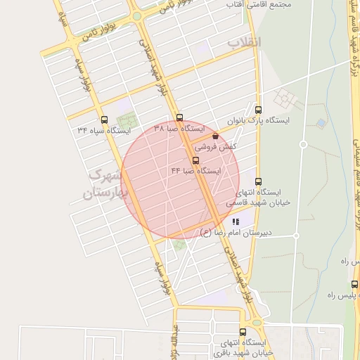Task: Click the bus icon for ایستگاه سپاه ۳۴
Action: click(105, 120)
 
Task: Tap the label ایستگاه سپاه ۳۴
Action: click(105, 130)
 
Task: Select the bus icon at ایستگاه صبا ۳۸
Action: click(179, 118)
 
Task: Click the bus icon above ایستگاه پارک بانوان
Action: click(258, 110)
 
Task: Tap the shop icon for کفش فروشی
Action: click(215, 136)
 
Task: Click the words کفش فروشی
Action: click(215, 148)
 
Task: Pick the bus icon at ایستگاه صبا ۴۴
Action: click(195, 160)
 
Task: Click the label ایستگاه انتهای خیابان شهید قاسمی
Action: click(253, 196)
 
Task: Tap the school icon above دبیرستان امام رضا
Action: click(235, 221)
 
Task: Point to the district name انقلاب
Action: click(243, 44)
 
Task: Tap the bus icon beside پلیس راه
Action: click(354, 285)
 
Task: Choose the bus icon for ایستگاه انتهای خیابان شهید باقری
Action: click(243, 332)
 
